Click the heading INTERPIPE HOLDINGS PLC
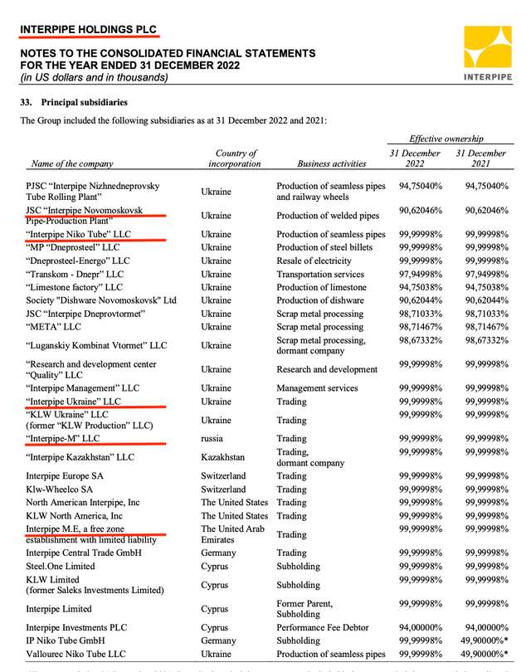pos(87,30)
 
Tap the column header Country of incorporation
pos(236,158)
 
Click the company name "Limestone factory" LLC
pos(86,287)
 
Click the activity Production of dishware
pos(324,300)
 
